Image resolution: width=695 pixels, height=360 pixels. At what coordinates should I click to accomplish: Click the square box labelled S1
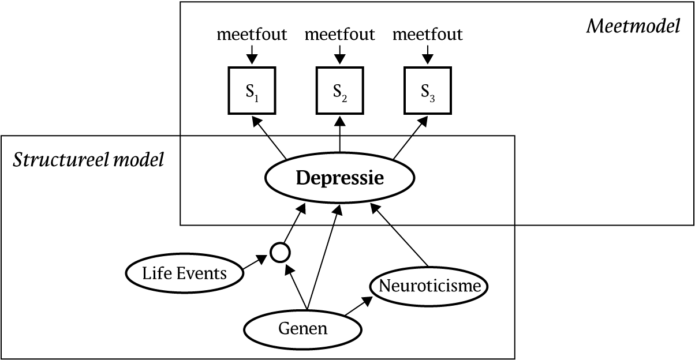pos(252,91)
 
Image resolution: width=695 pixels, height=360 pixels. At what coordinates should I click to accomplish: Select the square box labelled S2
pos(340,91)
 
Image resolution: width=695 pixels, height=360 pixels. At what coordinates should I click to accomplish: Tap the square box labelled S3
pos(427,91)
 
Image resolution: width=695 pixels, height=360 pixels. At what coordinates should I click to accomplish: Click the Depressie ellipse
pos(339,178)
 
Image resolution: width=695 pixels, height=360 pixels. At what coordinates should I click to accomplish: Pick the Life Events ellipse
pos(185,272)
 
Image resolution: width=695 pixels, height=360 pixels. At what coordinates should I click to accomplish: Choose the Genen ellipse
pos(302,329)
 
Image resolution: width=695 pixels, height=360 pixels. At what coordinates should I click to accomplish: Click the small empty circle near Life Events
pos(280,252)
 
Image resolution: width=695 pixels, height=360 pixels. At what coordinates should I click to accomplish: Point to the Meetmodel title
pos(633,27)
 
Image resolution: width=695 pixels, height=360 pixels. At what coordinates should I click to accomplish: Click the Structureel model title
pos(88,159)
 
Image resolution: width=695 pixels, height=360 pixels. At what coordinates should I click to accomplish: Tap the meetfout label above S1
pos(252,35)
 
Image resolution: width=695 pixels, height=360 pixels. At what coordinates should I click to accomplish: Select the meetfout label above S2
pos(339,35)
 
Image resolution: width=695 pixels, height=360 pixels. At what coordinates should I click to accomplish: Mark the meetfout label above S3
pos(427,35)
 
